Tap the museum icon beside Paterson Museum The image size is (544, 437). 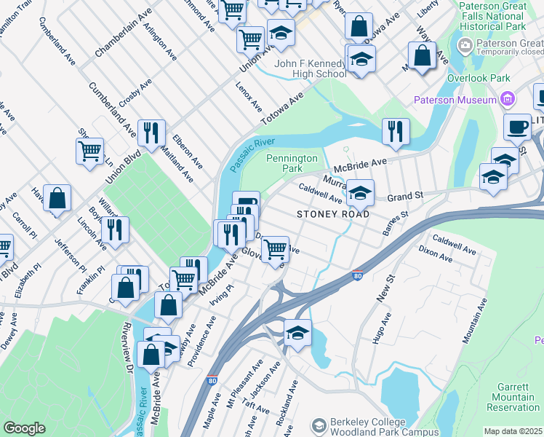(508, 100)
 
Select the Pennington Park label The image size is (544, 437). (292, 163)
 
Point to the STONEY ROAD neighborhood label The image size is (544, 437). (333, 214)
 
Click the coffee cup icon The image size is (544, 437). (518, 127)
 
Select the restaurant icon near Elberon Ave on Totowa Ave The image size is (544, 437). (151, 133)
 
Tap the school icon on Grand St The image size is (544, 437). (360, 193)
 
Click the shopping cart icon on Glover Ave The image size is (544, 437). (275, 248)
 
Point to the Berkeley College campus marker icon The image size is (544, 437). (318, 424)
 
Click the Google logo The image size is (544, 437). (24, 428)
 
